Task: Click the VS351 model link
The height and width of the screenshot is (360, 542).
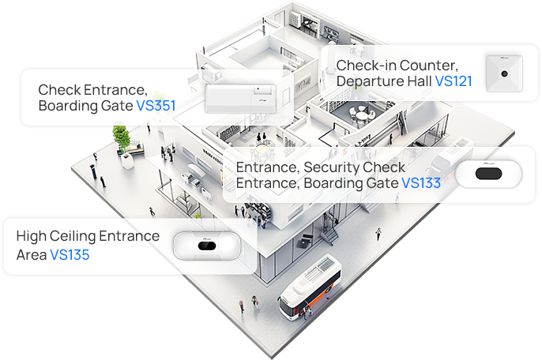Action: [156, 105]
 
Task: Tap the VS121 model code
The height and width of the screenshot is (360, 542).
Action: [454, 81]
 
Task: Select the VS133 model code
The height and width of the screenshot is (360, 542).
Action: [421, 183]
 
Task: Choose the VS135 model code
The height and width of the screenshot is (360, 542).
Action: [70, 254]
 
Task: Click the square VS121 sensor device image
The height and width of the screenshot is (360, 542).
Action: [504, 73]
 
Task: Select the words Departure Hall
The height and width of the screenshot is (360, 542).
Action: [383, 81]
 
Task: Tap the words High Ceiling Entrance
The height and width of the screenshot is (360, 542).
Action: [88, 236]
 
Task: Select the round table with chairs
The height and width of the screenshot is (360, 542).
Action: [361, 115]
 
